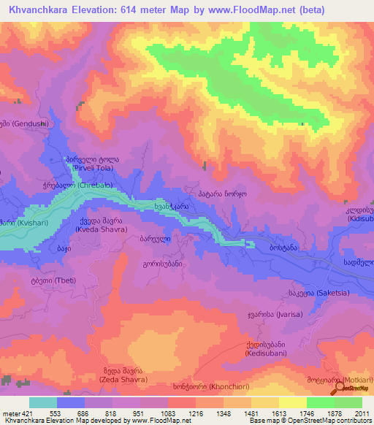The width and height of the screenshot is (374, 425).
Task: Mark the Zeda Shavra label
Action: click(122, 380)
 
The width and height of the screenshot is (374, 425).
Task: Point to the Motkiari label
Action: click(346, 380)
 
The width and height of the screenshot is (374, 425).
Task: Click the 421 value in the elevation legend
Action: click(25, 413)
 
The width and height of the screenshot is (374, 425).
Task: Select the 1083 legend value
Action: click(167, 413)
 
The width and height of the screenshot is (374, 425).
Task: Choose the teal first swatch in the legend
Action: click(43, 402)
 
